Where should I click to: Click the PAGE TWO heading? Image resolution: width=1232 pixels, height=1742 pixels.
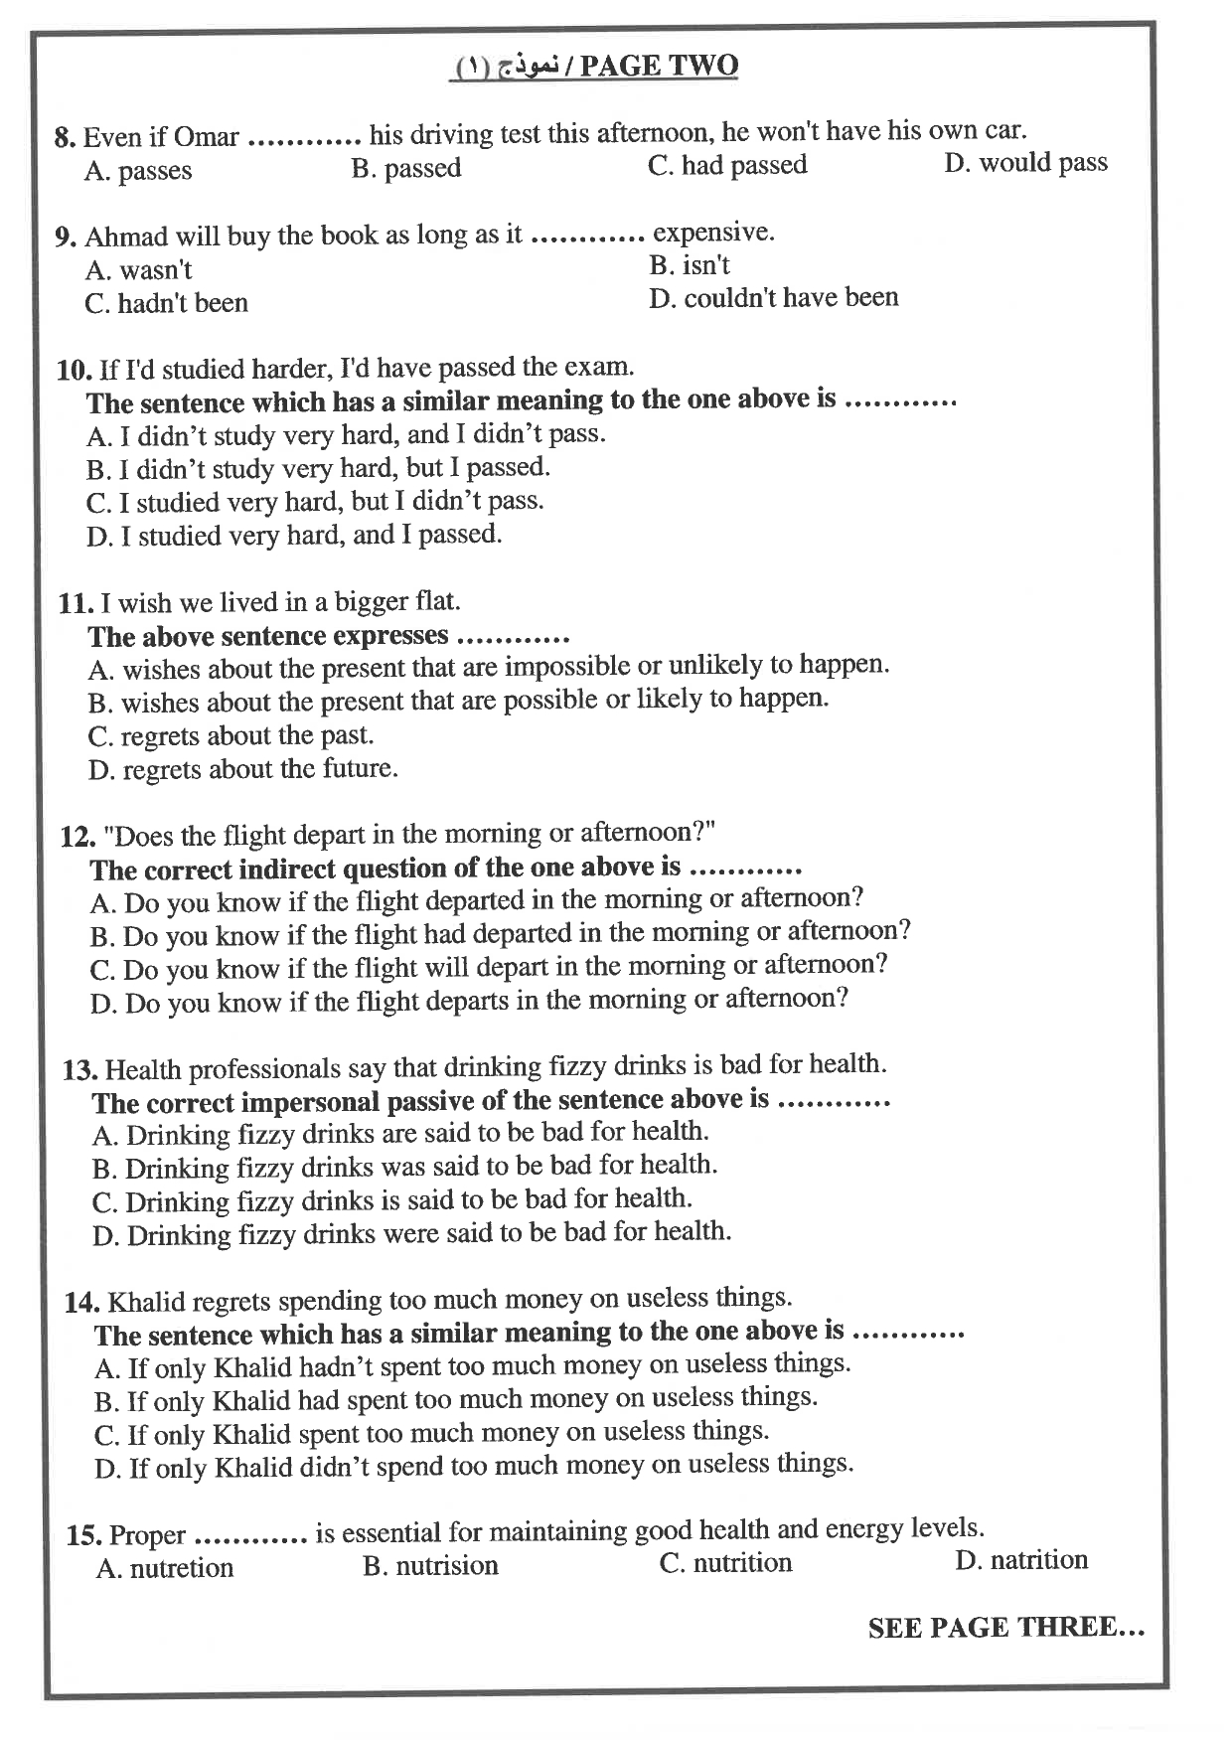click(659, 66)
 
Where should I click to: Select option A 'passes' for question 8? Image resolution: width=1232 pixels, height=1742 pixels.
click(138, 171)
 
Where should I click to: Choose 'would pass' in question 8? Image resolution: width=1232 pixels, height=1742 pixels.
click(1025, 163)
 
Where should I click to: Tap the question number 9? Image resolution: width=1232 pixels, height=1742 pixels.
click(67, 238)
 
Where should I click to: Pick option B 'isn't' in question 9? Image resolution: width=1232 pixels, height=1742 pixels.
click(690, 265)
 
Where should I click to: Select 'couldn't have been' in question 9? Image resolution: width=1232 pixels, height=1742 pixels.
click(774, 297)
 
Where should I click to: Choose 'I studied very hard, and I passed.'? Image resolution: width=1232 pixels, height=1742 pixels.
click(294, 536)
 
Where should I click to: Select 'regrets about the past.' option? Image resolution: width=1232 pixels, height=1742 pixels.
click(231, 736)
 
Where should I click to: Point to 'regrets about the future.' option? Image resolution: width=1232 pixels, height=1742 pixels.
click(242, 769)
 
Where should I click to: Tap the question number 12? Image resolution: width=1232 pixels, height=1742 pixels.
click(77, 837)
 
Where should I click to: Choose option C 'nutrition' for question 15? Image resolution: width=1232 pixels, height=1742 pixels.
click(726, 1563)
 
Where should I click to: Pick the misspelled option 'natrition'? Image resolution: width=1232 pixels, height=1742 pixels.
click(1021, 1560)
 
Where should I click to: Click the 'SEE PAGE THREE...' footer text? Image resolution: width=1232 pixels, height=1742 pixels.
click(1005, 1628)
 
